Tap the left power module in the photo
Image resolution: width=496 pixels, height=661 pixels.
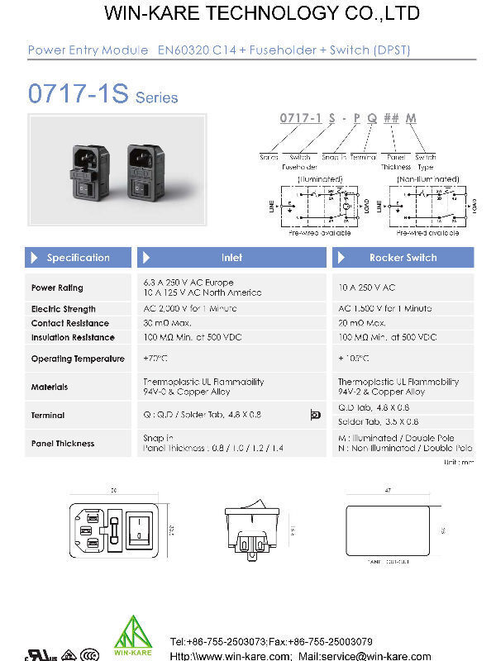point(88,171)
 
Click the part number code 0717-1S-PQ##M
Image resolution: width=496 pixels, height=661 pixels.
point(347,119)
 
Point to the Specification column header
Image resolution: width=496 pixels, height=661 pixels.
point(78,258)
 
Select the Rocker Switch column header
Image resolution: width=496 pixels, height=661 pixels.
point(403,258)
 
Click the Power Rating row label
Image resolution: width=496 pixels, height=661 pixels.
point(57,288)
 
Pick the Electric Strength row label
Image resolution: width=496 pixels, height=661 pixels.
point(63,309)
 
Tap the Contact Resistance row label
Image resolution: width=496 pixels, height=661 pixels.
point(69,323)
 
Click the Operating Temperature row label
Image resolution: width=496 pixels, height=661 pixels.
point(78,359)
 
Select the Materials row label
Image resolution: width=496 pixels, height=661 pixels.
point(50,387)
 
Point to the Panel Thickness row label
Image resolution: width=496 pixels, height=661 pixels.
point(63,444)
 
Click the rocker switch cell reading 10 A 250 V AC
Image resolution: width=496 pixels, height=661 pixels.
point(367,288)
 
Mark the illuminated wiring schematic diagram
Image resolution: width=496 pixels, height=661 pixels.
point(319,204)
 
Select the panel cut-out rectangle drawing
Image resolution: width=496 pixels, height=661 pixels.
point(386,530)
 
